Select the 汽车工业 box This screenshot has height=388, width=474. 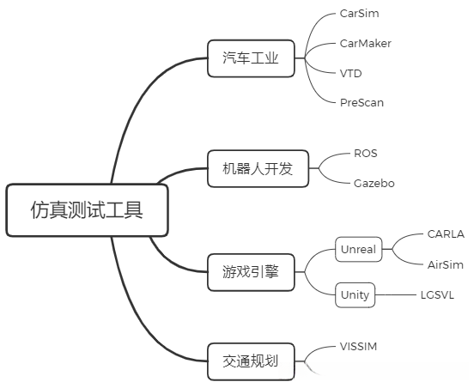pyautogui.click(x=251, y=58)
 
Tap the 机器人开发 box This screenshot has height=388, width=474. pyautogui.click(x=251, y=168)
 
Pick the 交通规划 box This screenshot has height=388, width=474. pyautogui.click(x=251, y=361)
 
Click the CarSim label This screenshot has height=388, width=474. pyautogui.click(x=359, y=15)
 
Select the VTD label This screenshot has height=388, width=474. pyautogui.click(x=350, y=73)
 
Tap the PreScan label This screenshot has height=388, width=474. pyautogui.click(x=362, y=102)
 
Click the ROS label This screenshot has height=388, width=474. pyautogui.click(x=365, y=154)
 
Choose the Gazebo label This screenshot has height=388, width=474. pyautogui.click(x=374, y=183)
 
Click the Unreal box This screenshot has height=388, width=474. pyautogui.click(x=358, y=249)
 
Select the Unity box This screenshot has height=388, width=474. pyautogui.click(x=355, y=294)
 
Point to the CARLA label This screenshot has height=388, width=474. pyautogui.click(x=445, y=233)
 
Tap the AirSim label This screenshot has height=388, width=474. pyautogui.click(x=445, y=264)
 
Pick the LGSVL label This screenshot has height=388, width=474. pyautogui.click(x=437, y=294)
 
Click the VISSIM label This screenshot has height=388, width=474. pyautogui.click(x=359, y=347)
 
